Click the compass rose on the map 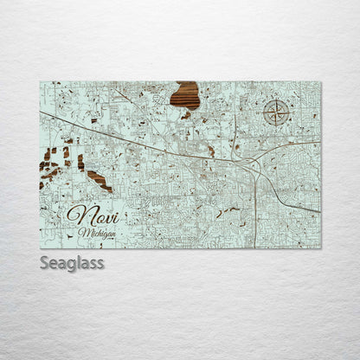pyautogui.click(x=275, y=112)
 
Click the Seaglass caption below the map pyautogui.click(x=71, y=262)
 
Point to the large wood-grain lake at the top pyautogui.click(x=184, y=94)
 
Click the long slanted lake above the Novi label pyautogui.click(x=99, y=181)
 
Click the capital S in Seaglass pyautogui.click(x=44, y=262)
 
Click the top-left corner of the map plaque pyautogui.click(x=40, y=82)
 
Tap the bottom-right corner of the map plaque pyautogui.click(x=320, y=247)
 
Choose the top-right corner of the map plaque pyautogui.click(x=320, y=82)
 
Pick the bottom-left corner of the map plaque pyautogui.click(x=40, y=247)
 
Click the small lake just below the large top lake pyautogui.click(x=186, y=114)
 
